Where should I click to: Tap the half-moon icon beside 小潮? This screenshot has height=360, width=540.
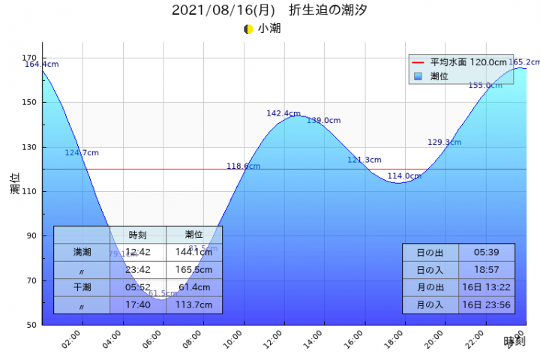[x=248, y=29]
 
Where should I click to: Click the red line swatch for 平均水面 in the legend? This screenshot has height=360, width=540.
[x=418, y=62]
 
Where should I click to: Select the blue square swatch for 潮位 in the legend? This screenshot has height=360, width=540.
[x=418, y=76]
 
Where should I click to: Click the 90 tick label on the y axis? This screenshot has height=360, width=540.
[x=31, y=235]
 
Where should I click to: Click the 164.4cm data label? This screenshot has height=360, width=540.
[x=41, y=64]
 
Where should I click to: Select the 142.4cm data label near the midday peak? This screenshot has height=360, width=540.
[x=283, y=114]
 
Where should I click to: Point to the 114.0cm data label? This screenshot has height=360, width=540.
[x=404, y=176]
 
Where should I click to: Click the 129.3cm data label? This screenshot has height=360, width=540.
[x=444, y=142]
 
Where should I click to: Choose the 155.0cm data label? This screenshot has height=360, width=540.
[x=484, y=85]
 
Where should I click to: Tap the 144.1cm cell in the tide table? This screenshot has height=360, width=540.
[x=194, y=253]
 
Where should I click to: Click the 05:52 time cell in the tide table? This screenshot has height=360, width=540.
[x=138, y=287]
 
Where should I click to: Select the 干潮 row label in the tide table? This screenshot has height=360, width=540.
[x=82, y=287]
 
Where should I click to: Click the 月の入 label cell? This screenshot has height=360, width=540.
[x=430, y=304]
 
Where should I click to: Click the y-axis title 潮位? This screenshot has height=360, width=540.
[x=15, y=184]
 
